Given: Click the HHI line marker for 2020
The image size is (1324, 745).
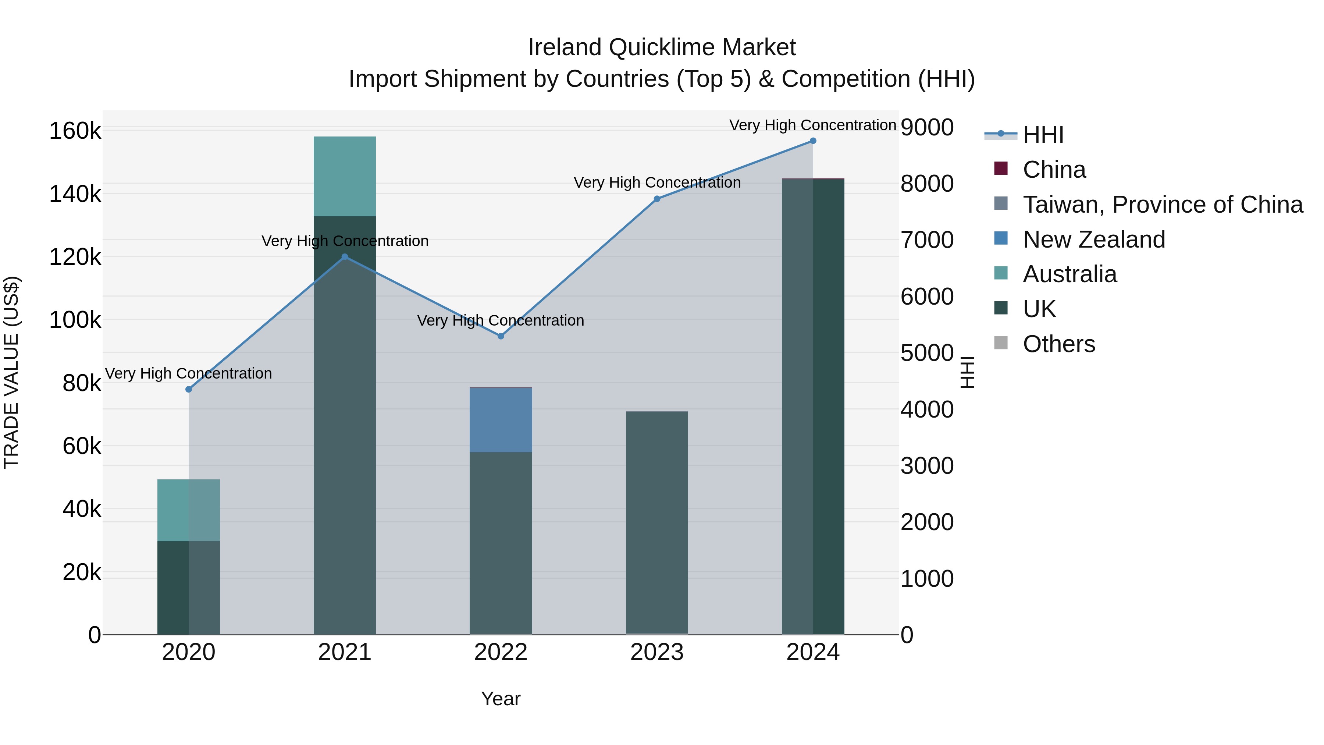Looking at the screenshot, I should [x=189, y=389].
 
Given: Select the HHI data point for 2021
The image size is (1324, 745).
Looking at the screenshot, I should [x=345, y=256].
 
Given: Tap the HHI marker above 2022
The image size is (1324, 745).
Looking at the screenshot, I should [x=501, y=336].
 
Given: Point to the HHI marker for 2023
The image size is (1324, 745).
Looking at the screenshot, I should [x=657, y=198].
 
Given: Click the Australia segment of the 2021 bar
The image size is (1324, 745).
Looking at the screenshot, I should [x=345, y=176].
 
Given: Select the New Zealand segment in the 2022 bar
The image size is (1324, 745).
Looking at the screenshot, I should [x=501, y=419].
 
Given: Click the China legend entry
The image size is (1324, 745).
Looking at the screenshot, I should [x=1054, y=170].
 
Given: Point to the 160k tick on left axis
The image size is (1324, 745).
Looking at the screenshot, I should [x=75, y=131].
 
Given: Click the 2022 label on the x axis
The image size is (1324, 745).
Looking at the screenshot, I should [x=501, y=652].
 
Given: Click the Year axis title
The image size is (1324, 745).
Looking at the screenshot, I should [x=501, y=699].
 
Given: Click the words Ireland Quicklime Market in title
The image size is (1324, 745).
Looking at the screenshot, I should [x=662, y=47].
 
